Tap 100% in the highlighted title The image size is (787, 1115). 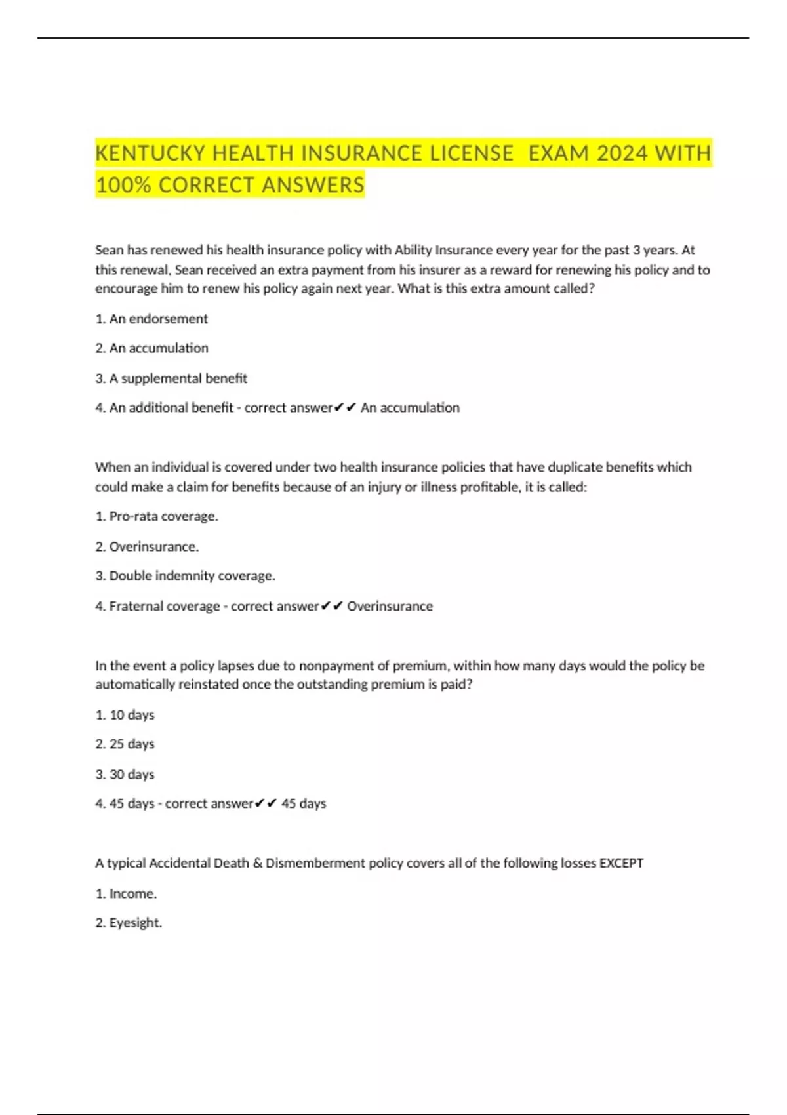click(123, 185)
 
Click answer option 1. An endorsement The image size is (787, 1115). click(151, 319)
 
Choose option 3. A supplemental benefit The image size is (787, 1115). click(171, 378)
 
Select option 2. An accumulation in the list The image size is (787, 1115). click(151, 348)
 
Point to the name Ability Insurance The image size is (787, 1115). click(443, 250)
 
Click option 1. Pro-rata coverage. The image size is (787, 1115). click(157, 516)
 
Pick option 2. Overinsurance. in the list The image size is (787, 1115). click(147, 546)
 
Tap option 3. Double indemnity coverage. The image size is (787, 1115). click(185, 576)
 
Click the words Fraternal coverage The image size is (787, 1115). click(164, 606)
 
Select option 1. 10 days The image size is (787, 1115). click(125, 715)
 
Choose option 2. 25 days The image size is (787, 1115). click(125, 744)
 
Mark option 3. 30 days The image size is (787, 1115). click(125, 775)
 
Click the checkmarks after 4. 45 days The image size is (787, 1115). click(266, 803)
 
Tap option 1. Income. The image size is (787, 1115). click(126, 893)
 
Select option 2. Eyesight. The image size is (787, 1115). click(129, 923)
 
